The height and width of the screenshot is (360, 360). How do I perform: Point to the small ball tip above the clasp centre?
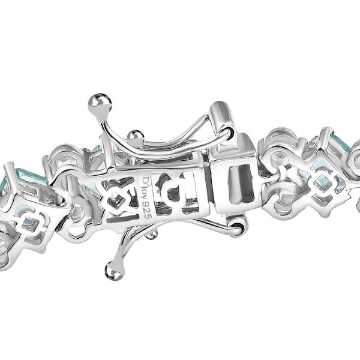click(x=137, y=136)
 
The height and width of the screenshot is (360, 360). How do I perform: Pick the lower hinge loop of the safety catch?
click(x=238, y=226)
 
